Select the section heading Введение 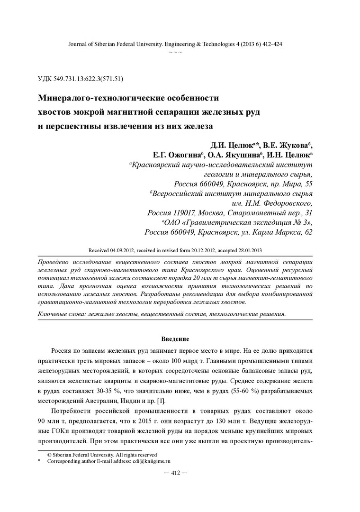175,339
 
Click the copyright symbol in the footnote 49,454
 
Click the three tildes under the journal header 175,52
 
